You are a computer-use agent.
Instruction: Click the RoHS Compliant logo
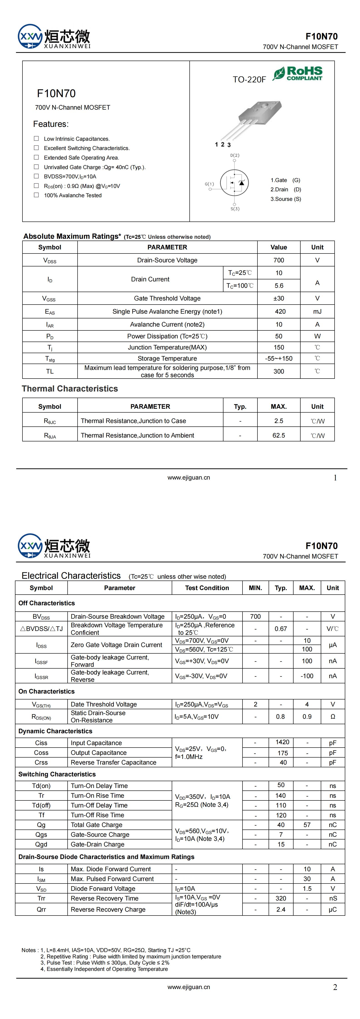[297, 74]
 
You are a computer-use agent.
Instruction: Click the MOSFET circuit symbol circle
[234, 182]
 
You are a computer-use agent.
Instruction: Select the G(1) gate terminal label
[209, 184]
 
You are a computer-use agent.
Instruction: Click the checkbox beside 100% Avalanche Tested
[36, 195]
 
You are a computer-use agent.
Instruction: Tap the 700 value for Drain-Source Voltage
[279, 260]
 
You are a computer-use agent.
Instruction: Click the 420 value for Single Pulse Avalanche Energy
[280, 311]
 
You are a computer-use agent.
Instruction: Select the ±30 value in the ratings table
[279, 298]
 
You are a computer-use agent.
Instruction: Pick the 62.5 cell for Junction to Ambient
[279, 435]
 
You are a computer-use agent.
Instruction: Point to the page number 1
[335, 478]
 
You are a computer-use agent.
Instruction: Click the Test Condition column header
[207, 588]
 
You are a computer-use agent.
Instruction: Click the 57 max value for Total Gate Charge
[307, 825]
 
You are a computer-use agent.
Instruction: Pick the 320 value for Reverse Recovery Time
[281, 898]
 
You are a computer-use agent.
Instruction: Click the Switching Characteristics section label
[57, 774]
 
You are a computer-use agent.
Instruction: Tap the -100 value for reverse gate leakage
[307, 676]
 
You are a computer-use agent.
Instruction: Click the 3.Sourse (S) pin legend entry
[286, 199]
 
